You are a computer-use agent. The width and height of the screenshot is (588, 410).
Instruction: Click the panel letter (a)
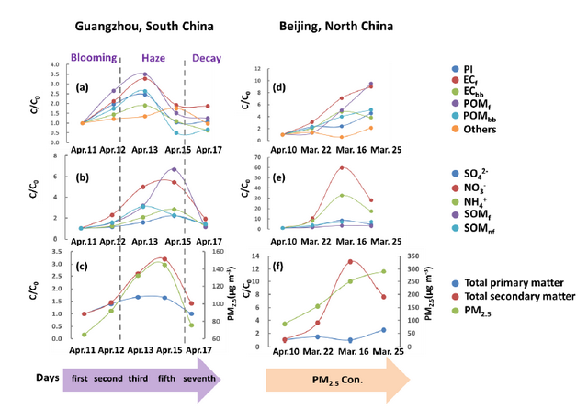pos(82,88)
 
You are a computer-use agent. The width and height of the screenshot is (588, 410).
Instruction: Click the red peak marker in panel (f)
pos(349,261)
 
